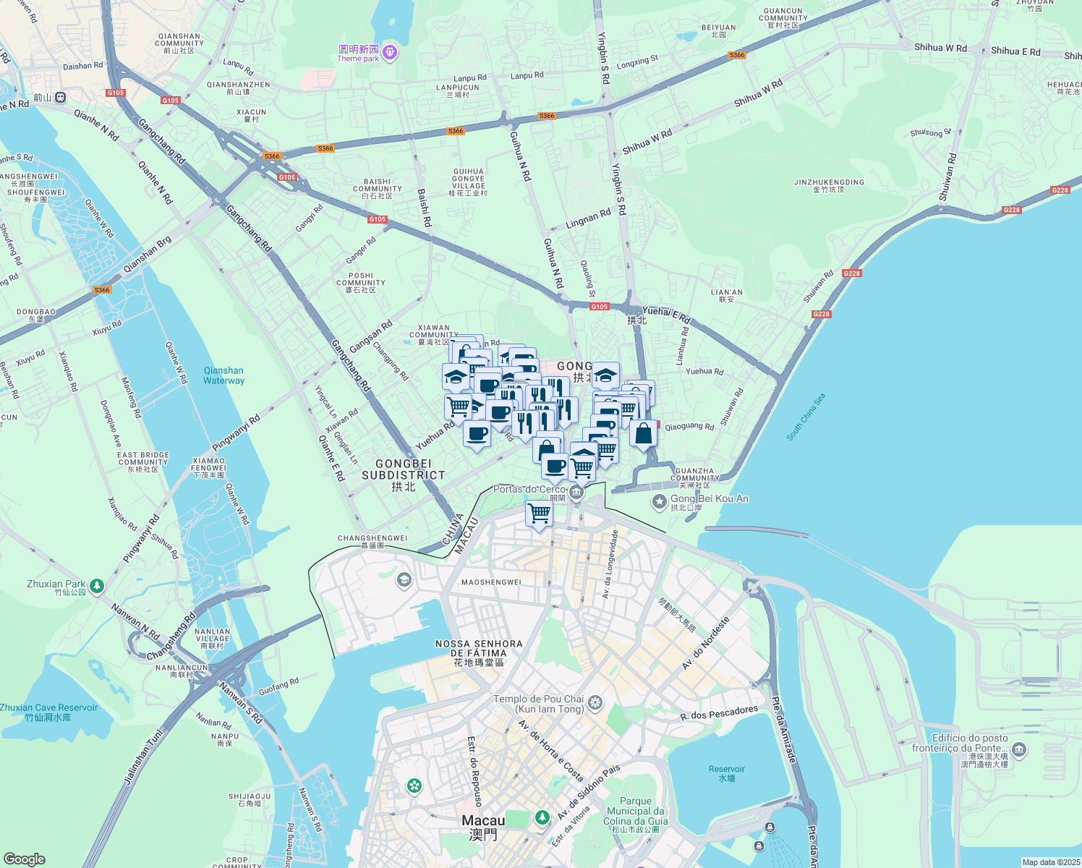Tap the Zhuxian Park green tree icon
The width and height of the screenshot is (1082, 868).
(97, 585)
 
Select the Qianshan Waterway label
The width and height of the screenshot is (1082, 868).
(223, 375)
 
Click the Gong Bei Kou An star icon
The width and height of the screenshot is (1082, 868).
(659, 501)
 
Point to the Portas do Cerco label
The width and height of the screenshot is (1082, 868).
(529, 490)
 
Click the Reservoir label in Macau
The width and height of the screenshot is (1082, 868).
(727, 773)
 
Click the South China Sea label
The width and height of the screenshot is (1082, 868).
(806, 417)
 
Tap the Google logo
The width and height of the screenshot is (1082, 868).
(25, 859)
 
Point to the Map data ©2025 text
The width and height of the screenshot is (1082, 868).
(1051, 862)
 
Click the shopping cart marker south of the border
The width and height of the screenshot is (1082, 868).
(539, 514)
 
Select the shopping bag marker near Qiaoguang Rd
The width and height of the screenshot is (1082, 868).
(643, 433)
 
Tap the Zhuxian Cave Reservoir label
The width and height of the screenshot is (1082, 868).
(48, 712)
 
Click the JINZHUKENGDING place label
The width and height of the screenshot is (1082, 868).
(829, 185)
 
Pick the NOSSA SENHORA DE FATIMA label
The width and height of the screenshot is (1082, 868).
(479, 652)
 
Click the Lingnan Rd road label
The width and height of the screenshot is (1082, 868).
(588, 218)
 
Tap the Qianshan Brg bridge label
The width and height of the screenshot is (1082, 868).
(148, 255)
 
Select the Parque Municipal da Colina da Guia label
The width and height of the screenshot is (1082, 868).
(636, 815)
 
